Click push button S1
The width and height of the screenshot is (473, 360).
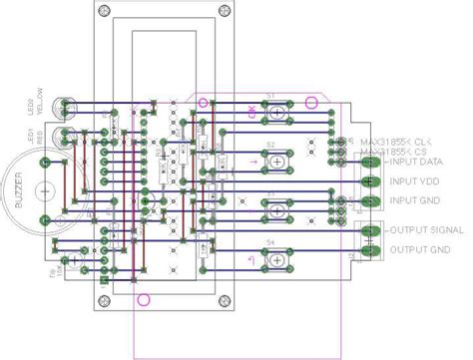[270, 111]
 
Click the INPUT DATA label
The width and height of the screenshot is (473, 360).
[416, 161]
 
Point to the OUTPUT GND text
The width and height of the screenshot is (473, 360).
[415, 249]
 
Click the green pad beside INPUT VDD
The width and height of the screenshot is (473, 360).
[369, 180]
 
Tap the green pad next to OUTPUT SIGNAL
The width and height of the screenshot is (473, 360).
[369, 231]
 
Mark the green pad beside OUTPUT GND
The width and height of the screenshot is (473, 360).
[369, 251]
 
